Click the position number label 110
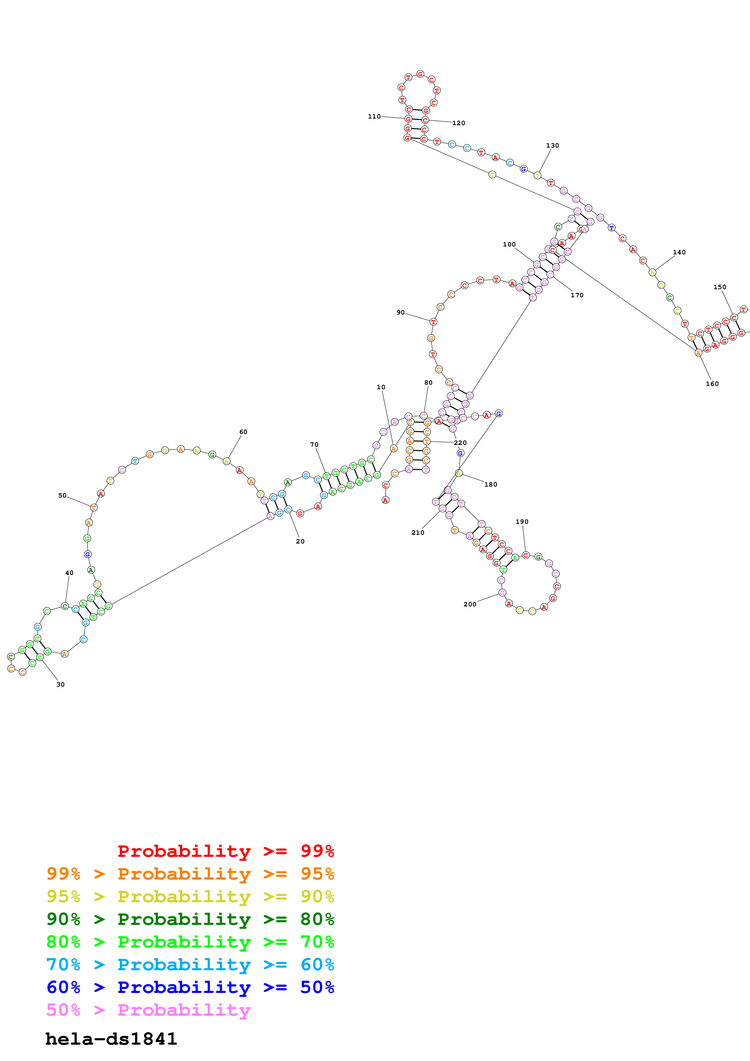[x=374, y=116]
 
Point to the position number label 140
[x=679, y=252]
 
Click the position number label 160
[x=712, y=384]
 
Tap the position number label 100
[x=509, y=244]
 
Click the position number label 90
[x=400, y=312]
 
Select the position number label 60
[x=243, y=432]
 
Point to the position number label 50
[x=62, y=495]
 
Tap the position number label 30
[x=61, y=684]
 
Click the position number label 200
[x=470, y=604]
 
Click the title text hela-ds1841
[x=111, y=1039]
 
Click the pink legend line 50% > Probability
[x=148, y=1010]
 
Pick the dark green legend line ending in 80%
[x=190, y=919]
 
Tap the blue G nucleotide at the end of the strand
[x=498, y=413]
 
